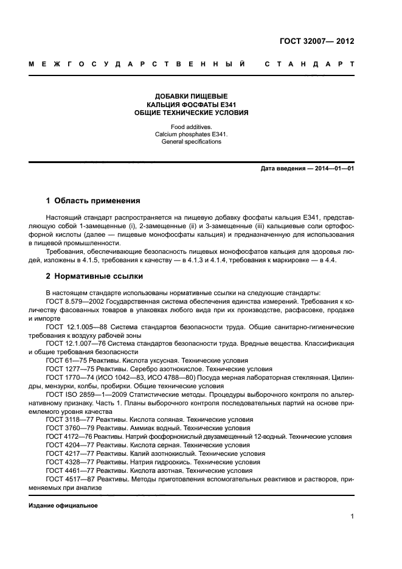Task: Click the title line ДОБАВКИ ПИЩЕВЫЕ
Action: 191,96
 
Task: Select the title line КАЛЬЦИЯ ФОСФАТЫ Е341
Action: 191,105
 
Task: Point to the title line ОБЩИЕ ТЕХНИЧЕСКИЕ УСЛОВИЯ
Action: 191,113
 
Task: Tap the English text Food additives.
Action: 191,127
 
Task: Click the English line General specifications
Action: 191,142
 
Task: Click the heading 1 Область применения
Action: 93,200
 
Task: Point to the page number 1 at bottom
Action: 352,517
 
